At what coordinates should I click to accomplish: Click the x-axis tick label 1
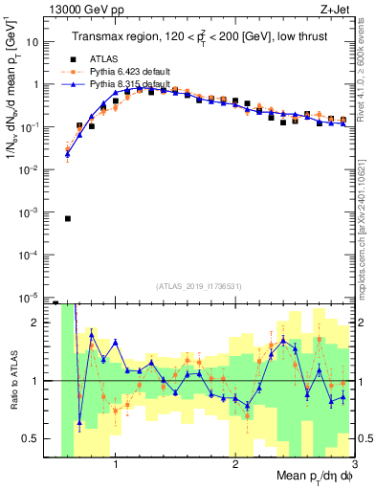116,466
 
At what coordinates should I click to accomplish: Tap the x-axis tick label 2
235,466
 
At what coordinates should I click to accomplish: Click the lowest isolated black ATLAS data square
68,218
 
